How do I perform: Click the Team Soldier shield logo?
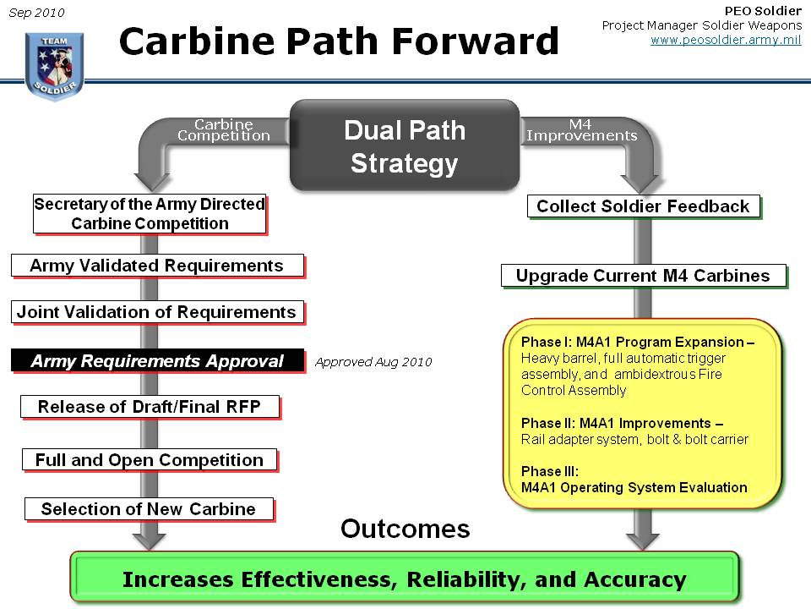[54, 66]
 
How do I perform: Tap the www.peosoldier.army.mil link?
[726, 40]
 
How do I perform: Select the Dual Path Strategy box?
[405, 145]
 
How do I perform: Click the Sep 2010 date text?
[36, 13]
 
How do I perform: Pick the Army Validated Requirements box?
[158, 266]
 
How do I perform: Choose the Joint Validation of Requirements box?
[158, 312]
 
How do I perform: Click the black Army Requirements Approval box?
[158, 360]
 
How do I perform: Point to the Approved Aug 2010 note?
[373, 362]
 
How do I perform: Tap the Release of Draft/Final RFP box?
[150, 407]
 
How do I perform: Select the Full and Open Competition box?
[150, 460]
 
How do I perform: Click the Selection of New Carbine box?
[150, 509]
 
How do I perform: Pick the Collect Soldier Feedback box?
[644, 206]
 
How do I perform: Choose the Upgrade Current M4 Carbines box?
[644, 276]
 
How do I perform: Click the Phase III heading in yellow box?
[550, 471]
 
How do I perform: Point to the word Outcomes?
[405, 529]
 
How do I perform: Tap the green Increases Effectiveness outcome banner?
[405, 579]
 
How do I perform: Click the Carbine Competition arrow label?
[223, 130]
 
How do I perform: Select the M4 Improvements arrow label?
[581, 130]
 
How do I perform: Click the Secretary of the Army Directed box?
[150, 214]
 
